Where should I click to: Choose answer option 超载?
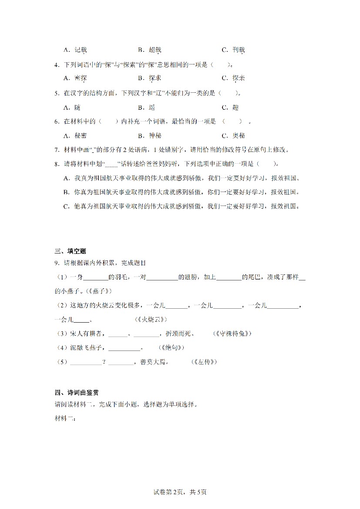(155, 50)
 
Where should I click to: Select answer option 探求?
(155, 78)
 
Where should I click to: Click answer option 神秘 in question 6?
(155, 135)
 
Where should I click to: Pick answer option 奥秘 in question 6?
(239, 135)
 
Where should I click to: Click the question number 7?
(57, 150)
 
